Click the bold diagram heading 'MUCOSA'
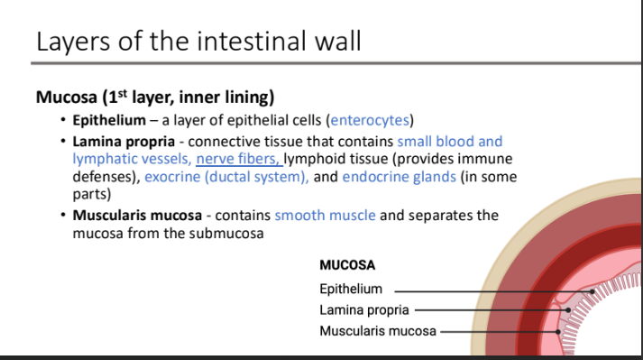click(x=347, y=266)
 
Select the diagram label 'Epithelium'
click(x=351, y=290)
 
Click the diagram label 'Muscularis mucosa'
click(x=377, y=331)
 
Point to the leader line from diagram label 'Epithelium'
click(x=487, y=291)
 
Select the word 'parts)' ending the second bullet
click(x=91, y=194)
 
